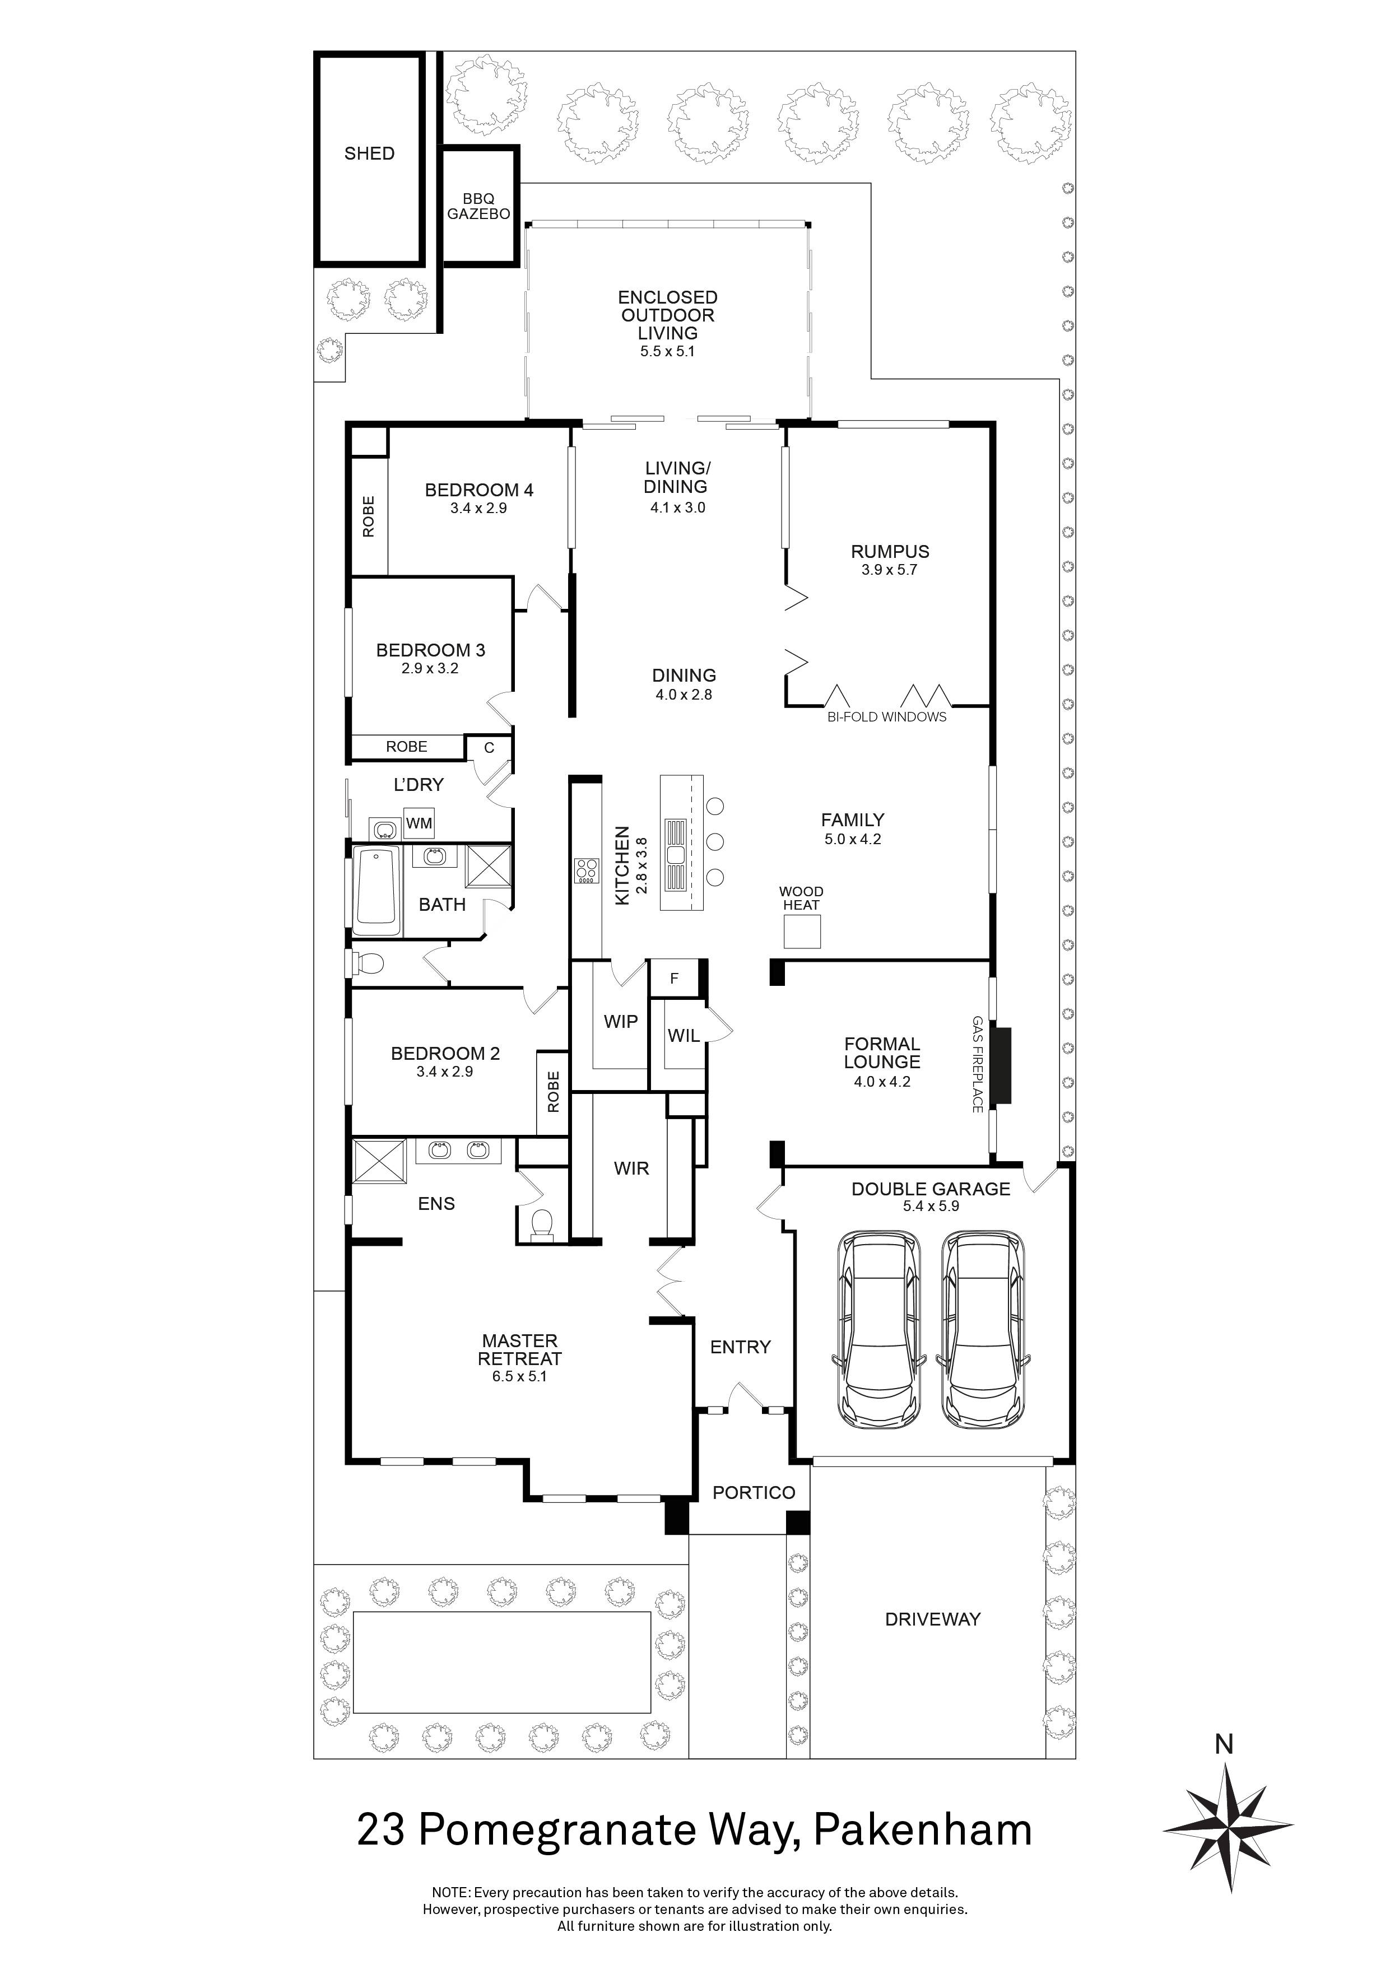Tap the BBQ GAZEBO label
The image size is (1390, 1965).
[478, 206]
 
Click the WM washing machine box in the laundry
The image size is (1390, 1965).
[419, 823]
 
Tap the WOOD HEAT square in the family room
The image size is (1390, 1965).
[802, 931]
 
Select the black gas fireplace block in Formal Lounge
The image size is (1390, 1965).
[1001, 1065]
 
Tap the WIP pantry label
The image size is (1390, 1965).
[621, 1021]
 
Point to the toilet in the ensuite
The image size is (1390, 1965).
[542, 1224]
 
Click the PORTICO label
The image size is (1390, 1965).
[753, 1493]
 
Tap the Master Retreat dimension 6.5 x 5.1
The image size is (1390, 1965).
[519, 1376]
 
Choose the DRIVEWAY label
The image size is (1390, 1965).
[932, 1619]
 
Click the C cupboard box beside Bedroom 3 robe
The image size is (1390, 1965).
[489, 747]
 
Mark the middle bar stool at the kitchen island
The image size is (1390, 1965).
[715, 841]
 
